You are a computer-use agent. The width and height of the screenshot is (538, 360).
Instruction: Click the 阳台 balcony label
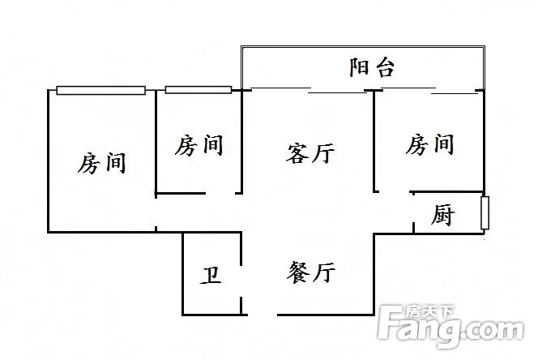(371, 67)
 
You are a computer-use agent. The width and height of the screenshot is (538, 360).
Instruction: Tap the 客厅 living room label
(310, 152)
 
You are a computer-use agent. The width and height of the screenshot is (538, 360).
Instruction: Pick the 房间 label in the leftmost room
(102, 163)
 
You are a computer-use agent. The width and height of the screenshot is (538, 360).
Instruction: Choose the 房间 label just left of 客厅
(199, 146)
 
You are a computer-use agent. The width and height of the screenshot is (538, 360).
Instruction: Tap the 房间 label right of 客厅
(429, 145)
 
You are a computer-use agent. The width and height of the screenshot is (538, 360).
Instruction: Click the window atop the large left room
(101, 90)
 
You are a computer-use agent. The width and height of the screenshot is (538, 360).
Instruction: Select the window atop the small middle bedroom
(198, 90)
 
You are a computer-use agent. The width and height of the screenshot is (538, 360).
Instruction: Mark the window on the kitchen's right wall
(485, 213)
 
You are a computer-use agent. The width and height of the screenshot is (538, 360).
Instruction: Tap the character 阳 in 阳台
(360, 67)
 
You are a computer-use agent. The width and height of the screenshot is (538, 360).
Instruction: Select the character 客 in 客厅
(298, 152)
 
